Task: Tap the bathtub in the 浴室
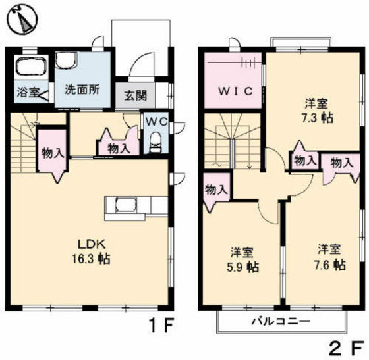tap(28, 68)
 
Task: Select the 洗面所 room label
tap(82, 91)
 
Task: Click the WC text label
tap(156, 122)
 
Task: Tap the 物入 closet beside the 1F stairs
tap(52, 155)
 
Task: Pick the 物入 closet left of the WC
tap(119, 149)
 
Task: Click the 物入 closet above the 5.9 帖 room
tap(216, 190)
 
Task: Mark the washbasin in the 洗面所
tap(66, 60)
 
